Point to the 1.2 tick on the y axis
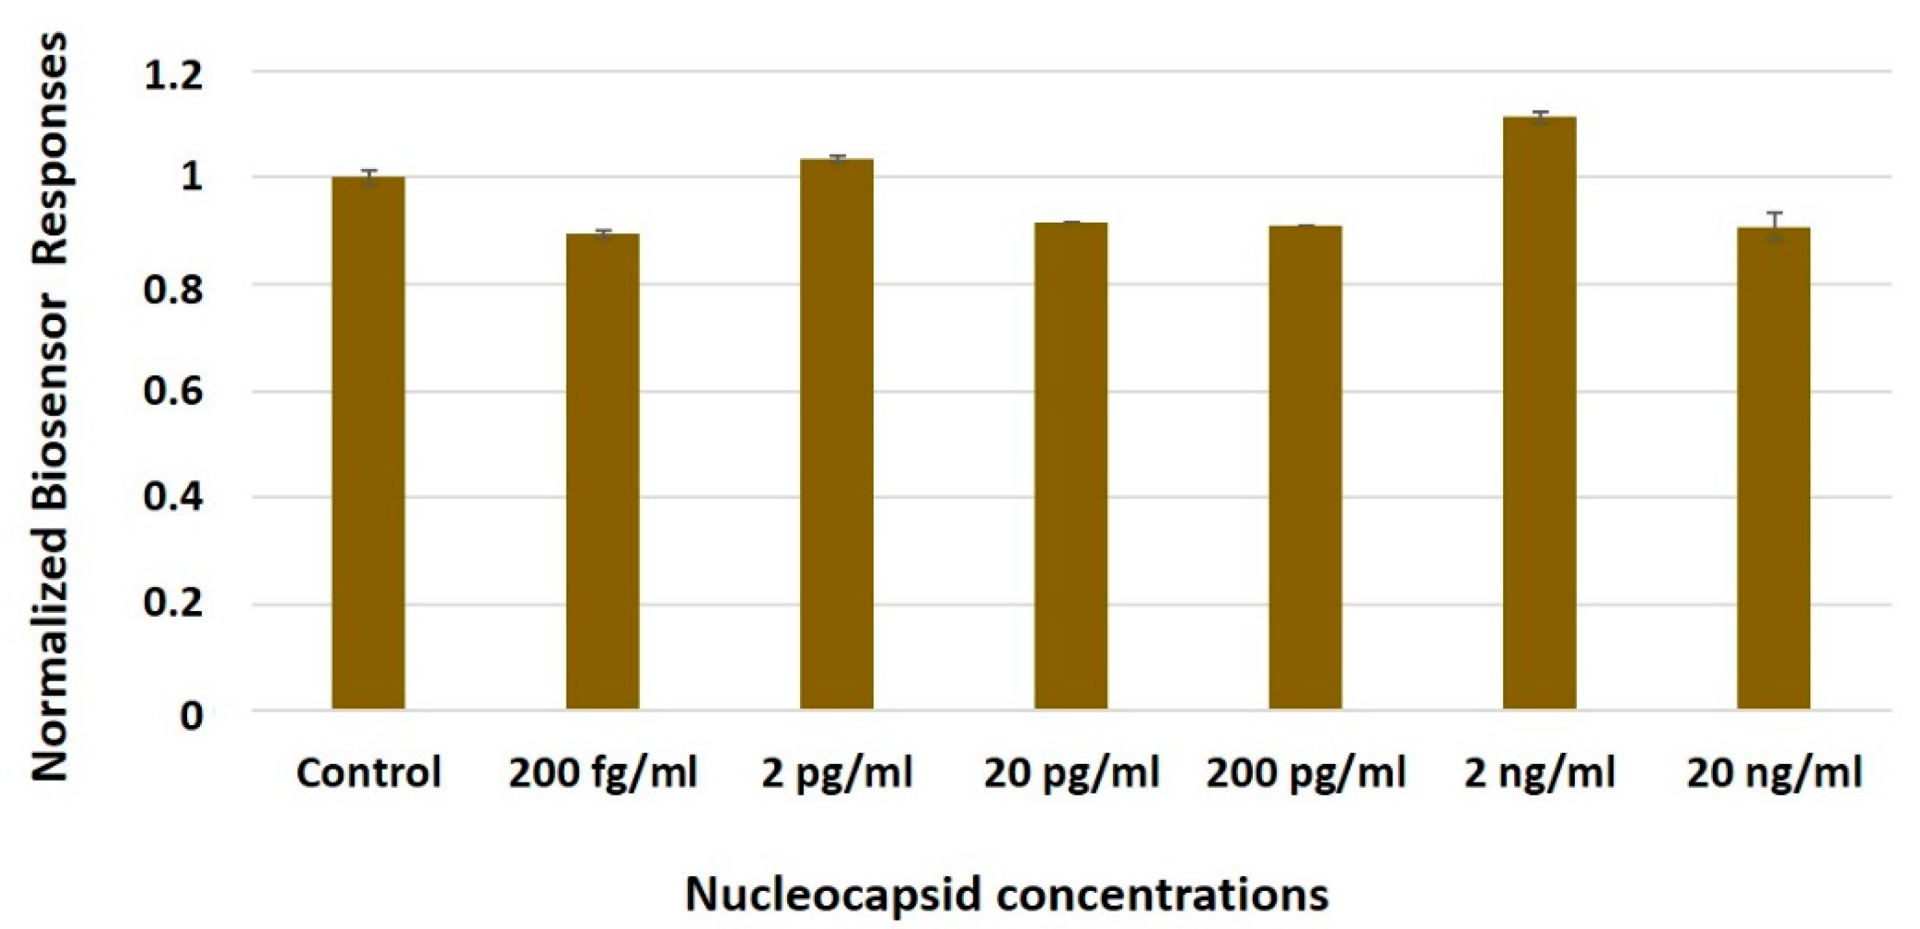click(173, 75)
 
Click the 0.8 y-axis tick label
click(173, 288)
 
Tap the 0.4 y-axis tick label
click(173, 497)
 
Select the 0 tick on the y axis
click(191, 715)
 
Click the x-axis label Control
click(368, 773)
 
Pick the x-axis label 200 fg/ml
click(602, 773)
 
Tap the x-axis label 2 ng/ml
click(1539, 773)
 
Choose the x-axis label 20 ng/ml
click(1773, 773)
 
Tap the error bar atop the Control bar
click(368, 177)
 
